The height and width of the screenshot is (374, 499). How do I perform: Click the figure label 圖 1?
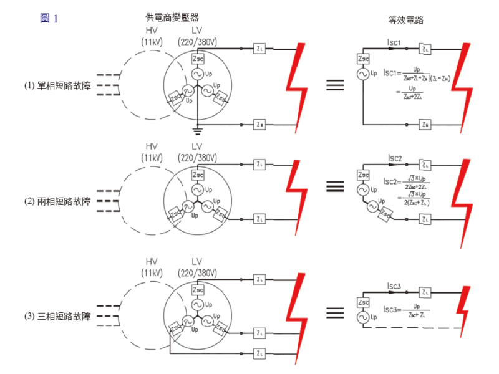point(49,19)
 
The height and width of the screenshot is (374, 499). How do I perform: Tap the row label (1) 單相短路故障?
point(57,85)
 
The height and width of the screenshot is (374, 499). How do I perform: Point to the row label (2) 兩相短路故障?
point(57,201)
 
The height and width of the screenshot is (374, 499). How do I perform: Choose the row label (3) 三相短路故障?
point(57,317)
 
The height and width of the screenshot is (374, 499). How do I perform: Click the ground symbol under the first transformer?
point(198,130)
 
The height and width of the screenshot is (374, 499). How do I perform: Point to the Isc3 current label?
point(394,287)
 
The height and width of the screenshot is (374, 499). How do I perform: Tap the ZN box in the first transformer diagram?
point(260,125)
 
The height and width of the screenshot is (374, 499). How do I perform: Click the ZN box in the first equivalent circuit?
point(425,125)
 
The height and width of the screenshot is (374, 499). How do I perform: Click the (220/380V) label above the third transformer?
point(197,273)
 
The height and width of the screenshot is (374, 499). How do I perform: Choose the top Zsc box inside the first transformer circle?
point(198,58)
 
